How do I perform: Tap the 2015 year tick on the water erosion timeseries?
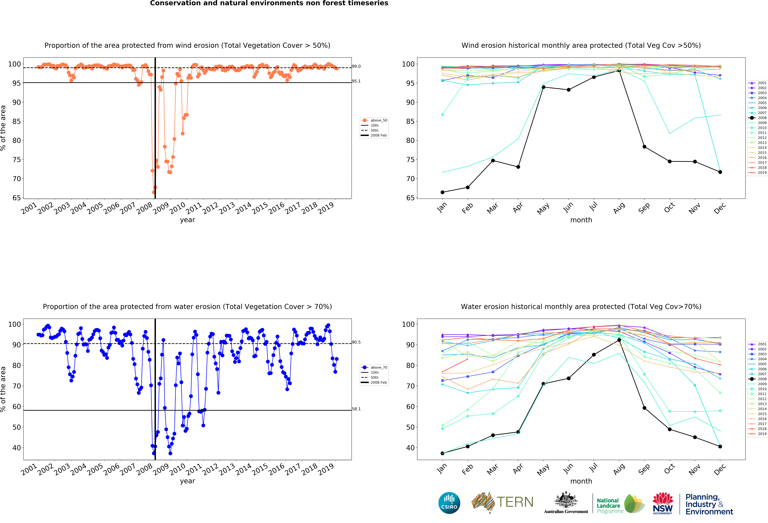pyautogui.click(x=260, y=470)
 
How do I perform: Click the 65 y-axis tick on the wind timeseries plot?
pyautogui.click(x=17, y=198)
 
